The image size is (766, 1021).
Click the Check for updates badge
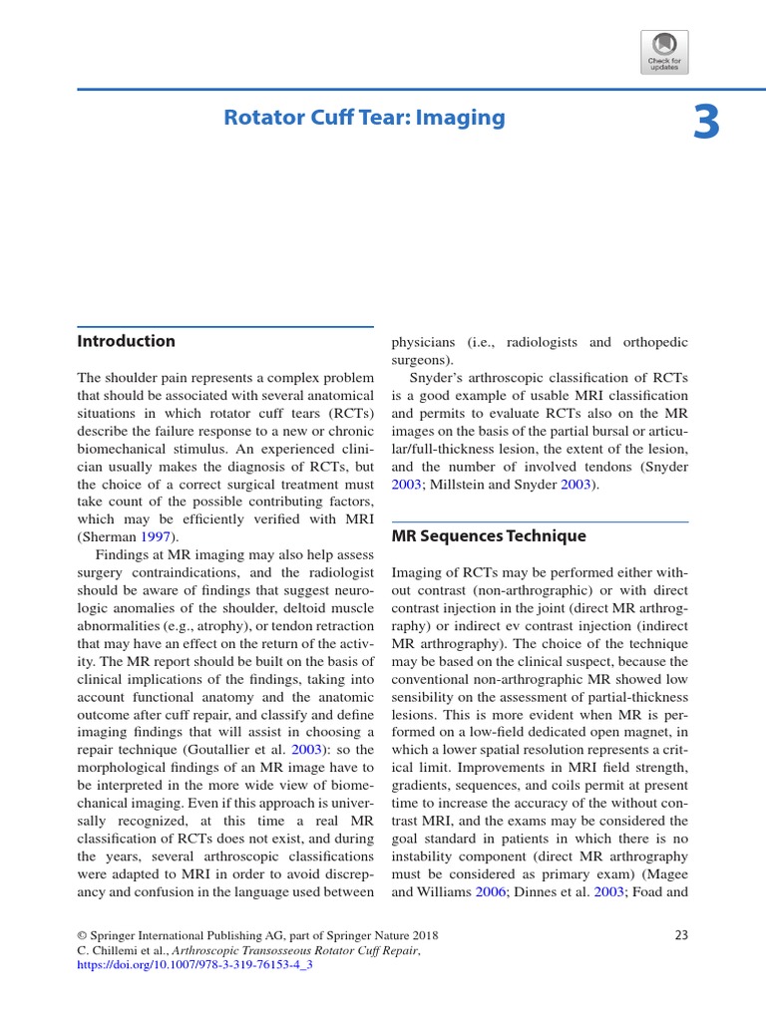(664, 52)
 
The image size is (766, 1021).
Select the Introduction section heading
(127, 341)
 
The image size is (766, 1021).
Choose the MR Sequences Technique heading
(489, 536)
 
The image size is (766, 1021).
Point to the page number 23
(681, 935)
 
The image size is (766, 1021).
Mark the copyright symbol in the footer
(82, 936)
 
